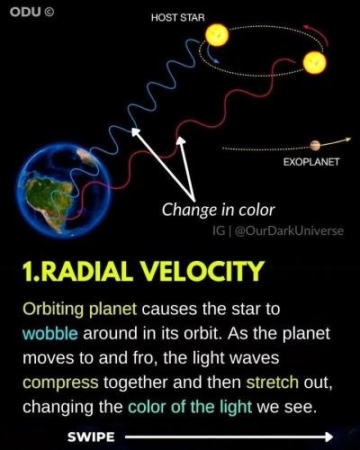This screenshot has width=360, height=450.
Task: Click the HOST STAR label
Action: pos(177,18)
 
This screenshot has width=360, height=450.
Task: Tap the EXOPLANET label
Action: pos(311,162)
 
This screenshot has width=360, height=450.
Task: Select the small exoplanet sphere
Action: pos(315,146)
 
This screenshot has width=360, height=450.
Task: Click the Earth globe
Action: pos(64,191)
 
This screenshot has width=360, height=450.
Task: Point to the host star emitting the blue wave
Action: pos(217,35)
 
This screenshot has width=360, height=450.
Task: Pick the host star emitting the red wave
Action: pos(314,62)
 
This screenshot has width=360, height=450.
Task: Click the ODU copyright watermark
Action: pos(31,12)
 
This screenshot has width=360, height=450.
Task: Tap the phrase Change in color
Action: pos(219,210)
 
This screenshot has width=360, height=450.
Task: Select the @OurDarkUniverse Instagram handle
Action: pos(290,230)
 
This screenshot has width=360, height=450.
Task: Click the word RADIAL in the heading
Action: pos(86,271)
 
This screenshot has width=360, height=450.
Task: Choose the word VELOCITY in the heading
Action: pos(202,271)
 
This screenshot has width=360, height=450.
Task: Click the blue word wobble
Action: pos(50,333)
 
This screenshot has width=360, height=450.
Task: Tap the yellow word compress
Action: pos(60,382)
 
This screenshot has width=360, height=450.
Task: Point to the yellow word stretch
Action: pos(273,382)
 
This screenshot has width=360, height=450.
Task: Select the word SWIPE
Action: pos(91,437)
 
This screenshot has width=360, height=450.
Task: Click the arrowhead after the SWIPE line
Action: pos(328,436)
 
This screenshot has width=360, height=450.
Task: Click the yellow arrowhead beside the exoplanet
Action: pos(347,139)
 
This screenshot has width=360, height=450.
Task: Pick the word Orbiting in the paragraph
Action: pos(53,310)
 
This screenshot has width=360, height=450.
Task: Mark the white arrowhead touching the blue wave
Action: pos(135,131)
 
